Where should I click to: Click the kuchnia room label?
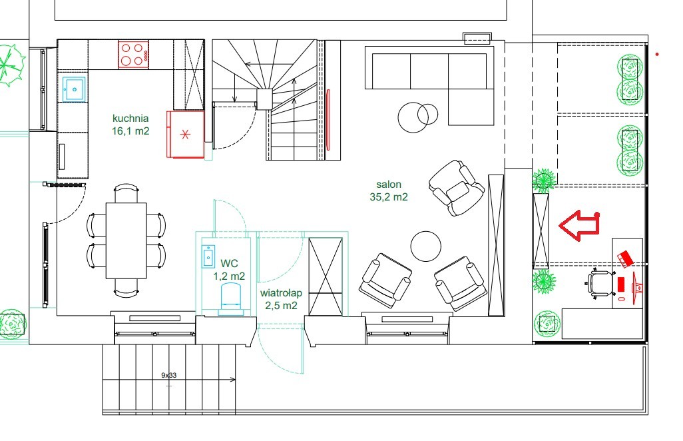pos(130,118)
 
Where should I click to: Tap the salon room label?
pos(389,185)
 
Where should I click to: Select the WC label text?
pos(229,263)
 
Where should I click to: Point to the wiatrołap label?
pos(281,293)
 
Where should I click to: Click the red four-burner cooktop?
pos(133,55)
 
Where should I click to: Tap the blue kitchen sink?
pos(74,89)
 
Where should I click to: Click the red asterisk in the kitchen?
pos(185,134)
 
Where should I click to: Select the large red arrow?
pos(579,225)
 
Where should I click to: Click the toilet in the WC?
pos(231,298)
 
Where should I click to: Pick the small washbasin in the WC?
pos(208,256)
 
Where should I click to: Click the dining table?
pos(126,240)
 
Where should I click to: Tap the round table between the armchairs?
pos(425,246)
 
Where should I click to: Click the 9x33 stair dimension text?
pos(169,375)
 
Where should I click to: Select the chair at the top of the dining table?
pos(126,193)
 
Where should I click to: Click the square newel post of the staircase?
pos(264,99)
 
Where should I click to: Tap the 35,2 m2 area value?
pos(389,197)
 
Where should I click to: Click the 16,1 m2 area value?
pos(130,131)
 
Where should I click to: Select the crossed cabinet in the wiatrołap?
pos(326,276)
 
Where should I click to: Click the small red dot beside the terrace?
pos(657,55)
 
